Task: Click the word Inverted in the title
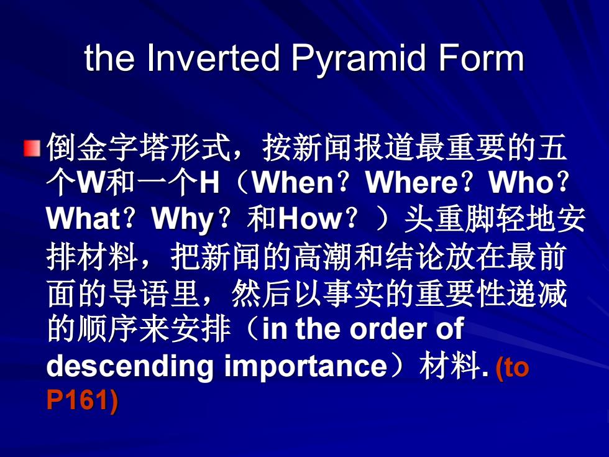[x=213, y=58]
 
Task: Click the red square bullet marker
[x=32, y=148]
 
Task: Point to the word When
[x=293, y=182]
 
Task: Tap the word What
[x=83, y=218]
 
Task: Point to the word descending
[x=130, y=366]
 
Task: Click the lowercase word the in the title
[x=109, y=58]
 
